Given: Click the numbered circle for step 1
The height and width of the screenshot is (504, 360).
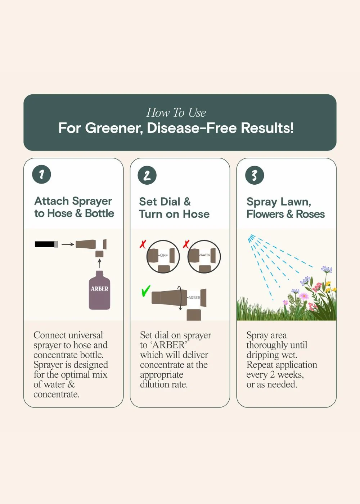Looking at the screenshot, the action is click(x=42, y=174).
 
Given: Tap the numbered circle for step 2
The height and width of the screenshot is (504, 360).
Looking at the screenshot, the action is click(x=147, y=175).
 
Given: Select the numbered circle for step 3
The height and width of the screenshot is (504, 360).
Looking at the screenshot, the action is click(x=255, y=175).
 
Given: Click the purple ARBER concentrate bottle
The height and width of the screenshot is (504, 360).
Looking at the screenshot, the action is click(x=99, y=290).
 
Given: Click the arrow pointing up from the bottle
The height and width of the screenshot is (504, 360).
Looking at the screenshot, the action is click(x=99, y=263).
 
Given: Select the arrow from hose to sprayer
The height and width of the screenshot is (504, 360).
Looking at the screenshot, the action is click(x=68, y=244).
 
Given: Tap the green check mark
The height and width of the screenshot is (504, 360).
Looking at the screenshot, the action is click(x=145, y=291).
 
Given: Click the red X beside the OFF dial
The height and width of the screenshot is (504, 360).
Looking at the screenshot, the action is click(x=143, y=244).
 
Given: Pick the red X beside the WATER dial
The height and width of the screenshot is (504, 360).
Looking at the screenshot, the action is click(x=186, y=244).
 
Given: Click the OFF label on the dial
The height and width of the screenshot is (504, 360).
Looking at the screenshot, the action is click(x=164, y=255).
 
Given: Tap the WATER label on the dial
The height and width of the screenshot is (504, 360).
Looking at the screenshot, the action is click(x=205, y=255).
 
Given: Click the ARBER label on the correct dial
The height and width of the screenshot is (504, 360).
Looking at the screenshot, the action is click(x=194, y=298).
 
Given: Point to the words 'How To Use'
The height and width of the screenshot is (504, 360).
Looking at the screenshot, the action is click(x=176, y=112).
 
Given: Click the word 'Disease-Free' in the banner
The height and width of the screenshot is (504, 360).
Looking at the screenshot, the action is click(x=192, y=128).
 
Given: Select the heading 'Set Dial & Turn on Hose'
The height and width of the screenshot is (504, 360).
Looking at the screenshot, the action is click(x=174, y=208).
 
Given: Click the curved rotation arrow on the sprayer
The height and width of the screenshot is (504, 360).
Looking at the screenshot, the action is click(x=180, y=298).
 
